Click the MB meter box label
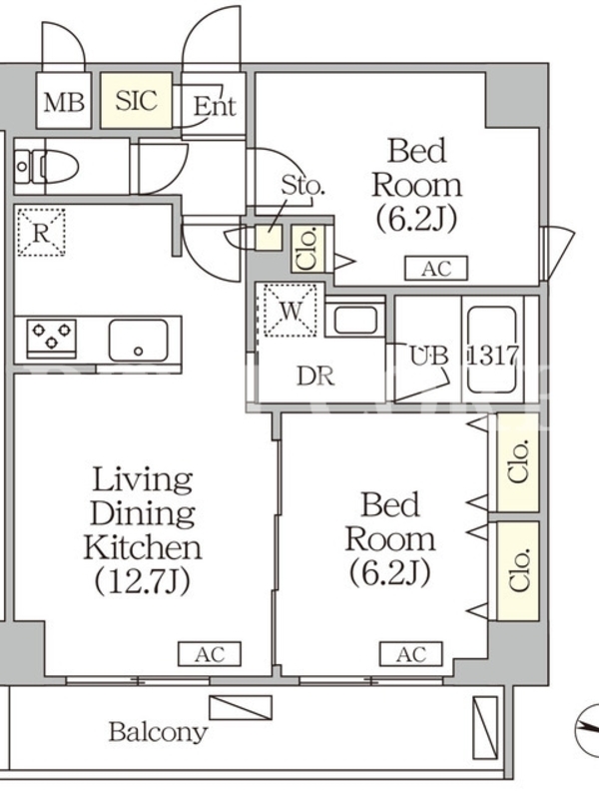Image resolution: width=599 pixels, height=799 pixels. coord(64,102)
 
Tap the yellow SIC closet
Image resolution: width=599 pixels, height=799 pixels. coord(136,100)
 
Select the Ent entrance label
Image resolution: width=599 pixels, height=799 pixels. coord(215,107)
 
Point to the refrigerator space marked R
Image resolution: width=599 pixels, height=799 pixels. coord(41,233)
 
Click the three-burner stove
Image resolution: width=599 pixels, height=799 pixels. coord(51,337)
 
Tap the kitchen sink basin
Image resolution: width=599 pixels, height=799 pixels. coord(138,341)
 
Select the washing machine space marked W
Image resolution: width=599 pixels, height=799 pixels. coord(291,311)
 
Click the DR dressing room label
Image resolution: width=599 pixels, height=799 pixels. coord(315,377)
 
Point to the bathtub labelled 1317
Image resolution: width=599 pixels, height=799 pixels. coord(492,351)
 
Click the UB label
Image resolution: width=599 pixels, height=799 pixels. coord(430,356)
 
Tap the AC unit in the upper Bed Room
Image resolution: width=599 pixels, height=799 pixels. coord(436,269)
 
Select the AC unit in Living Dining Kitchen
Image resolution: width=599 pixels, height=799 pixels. coord(210,654)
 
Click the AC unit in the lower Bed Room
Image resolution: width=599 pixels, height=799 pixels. coord(411,654)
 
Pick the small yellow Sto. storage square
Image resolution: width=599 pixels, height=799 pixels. coord(269,238)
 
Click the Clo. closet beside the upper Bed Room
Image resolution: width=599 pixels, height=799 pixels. coord(308,249)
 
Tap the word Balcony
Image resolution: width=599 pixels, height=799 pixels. coord(159,732)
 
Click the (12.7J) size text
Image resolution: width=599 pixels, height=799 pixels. coord(142,580)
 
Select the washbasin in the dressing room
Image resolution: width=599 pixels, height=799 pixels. coord(355,319)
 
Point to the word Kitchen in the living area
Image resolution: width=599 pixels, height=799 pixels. coord(143,546)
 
